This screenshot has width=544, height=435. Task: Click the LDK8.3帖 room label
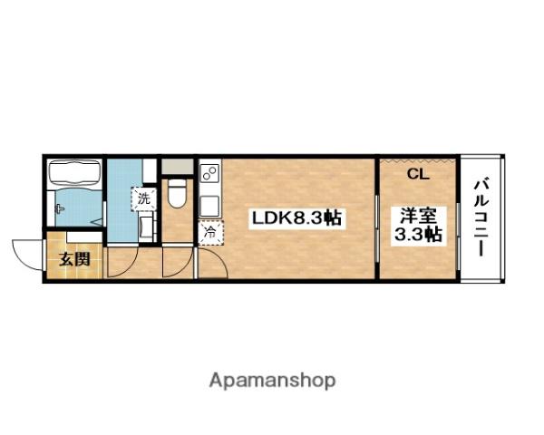296,218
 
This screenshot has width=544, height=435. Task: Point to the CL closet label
418,174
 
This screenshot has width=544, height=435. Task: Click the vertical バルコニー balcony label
481,217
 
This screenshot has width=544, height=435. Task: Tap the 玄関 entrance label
75,259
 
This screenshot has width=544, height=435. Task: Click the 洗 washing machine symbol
143,197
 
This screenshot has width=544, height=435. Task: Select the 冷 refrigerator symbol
209,232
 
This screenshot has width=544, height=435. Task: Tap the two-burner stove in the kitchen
209,172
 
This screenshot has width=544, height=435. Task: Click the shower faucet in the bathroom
60,210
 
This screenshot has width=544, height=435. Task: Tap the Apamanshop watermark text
272,380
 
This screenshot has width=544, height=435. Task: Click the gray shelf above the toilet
177,166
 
